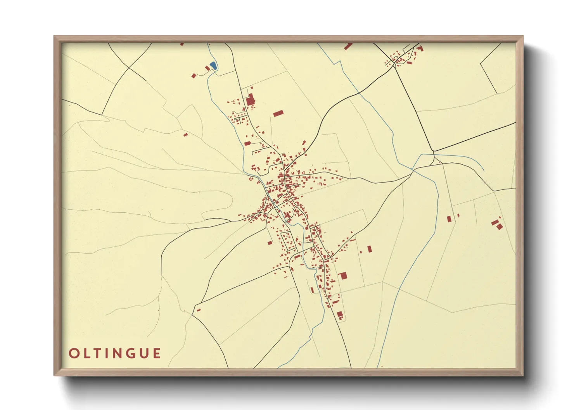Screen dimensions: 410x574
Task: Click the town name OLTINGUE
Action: (115, 353)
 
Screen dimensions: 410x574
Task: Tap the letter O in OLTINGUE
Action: (73, 353)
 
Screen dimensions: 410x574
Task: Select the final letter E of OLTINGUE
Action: (157, 353)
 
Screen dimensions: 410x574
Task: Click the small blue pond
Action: (213, 66)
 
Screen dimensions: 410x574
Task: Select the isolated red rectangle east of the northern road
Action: (278, 113)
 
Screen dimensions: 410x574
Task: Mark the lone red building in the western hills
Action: (185, 135)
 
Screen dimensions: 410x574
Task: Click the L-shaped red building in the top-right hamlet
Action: (420, 48)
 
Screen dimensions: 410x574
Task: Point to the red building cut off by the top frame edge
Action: (348, 46)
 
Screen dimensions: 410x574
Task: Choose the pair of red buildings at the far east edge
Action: (497, 224)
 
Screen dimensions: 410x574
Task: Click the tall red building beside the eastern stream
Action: (449, 219)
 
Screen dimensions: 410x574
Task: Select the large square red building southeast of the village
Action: (342, 276)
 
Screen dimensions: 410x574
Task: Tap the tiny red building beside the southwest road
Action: (199, 310)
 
